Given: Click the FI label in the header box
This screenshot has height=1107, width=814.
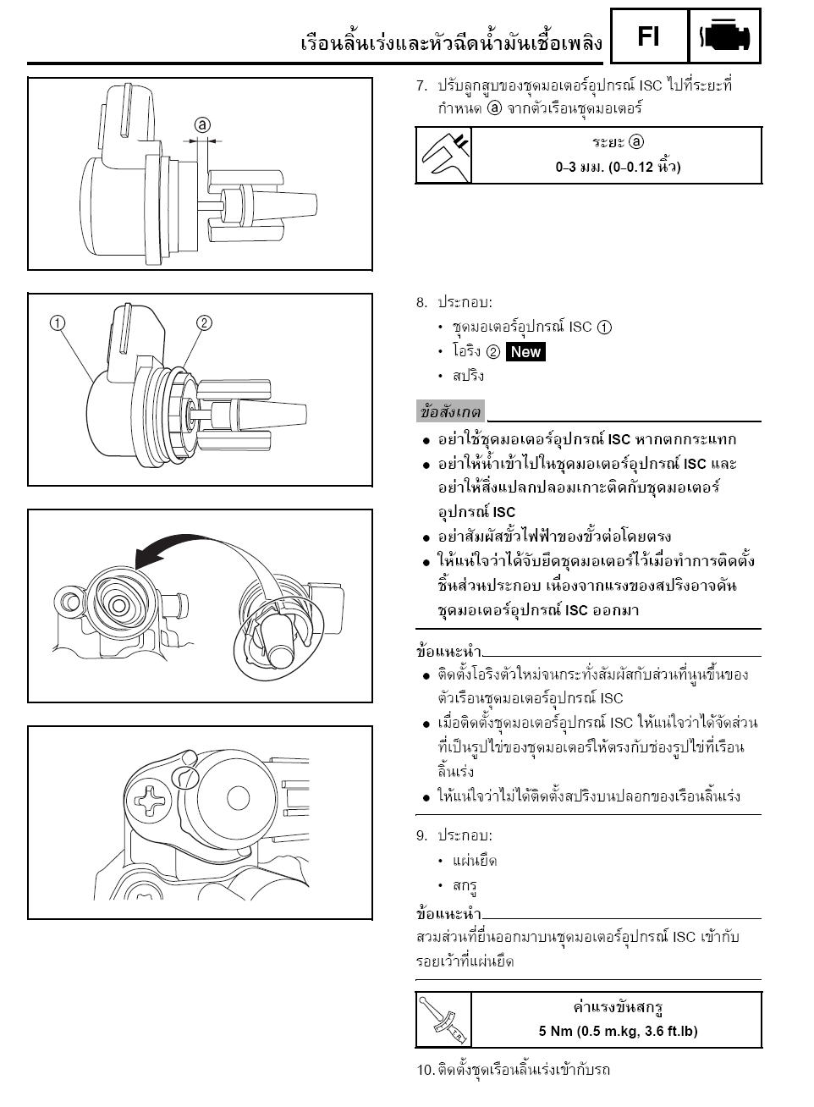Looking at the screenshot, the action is point(648,36).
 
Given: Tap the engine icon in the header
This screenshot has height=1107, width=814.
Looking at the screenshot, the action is point(724,36).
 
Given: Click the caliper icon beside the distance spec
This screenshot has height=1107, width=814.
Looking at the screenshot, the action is point(443,156).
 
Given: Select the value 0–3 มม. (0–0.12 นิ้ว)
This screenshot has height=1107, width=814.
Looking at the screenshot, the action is point(618,167).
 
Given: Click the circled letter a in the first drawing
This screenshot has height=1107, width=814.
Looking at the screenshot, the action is point(202,125).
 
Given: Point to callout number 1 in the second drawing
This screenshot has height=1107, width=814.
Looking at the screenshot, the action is point(58,323).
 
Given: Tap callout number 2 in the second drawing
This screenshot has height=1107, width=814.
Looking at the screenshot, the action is point(204,322).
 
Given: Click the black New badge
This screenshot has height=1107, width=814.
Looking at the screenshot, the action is point(525,352).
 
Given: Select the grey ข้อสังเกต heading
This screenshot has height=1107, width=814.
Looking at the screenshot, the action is point(450,411).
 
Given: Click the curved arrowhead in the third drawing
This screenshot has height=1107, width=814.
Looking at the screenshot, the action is point(148,558).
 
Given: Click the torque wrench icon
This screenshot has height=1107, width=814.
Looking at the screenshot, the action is point(443,1020).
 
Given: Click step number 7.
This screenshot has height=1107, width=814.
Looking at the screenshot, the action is point(421,86).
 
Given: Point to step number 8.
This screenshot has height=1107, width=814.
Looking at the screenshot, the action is point(421,303).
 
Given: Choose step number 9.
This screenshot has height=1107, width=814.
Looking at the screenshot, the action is point(421,835).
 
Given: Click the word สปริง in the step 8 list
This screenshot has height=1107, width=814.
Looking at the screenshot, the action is point(468,376).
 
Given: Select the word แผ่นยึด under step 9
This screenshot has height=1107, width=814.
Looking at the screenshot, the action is point(475,861).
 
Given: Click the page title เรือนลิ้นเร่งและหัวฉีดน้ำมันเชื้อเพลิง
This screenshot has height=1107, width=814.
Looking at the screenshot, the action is point(452,43).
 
